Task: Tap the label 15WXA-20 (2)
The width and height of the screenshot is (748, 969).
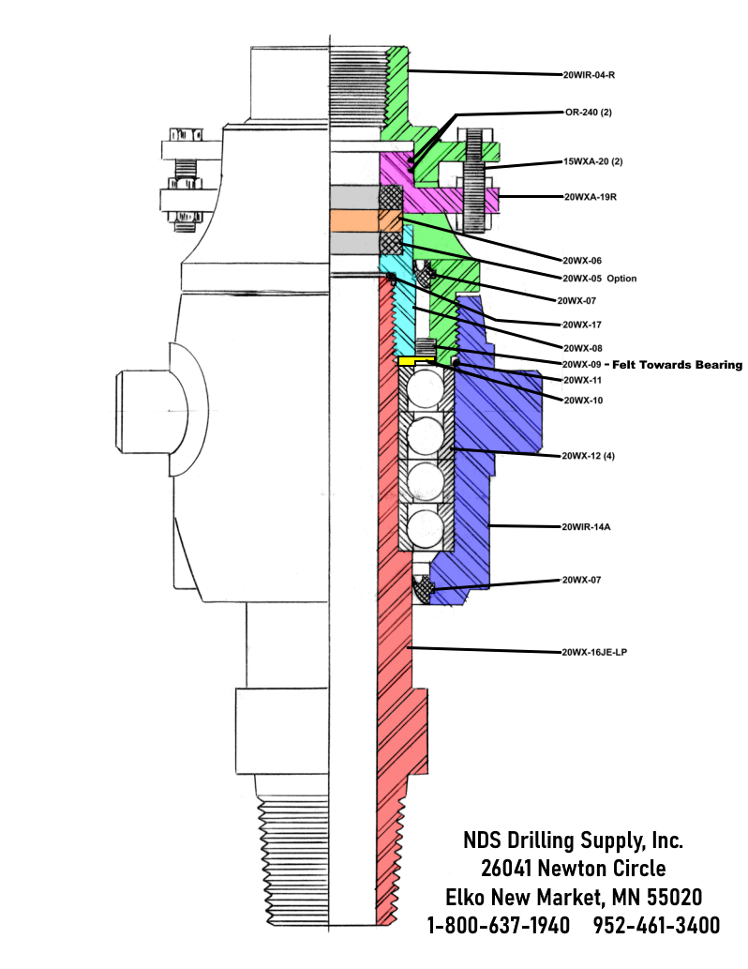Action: point(594,161)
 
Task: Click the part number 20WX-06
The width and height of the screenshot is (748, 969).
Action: point(581,260)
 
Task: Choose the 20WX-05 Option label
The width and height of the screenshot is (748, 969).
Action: point(599,279)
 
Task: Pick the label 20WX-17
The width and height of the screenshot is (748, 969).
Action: point(581,325)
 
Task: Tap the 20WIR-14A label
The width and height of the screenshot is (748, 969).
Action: point(587,526)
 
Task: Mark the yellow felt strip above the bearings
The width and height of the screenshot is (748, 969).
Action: point(417,361)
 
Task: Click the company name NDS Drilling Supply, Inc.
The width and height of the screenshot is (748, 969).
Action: point(574,839)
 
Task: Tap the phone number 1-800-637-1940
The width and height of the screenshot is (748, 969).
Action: point(498,925)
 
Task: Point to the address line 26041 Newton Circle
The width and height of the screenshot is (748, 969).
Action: point(574,868)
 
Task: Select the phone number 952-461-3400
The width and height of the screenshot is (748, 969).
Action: point(657,925)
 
